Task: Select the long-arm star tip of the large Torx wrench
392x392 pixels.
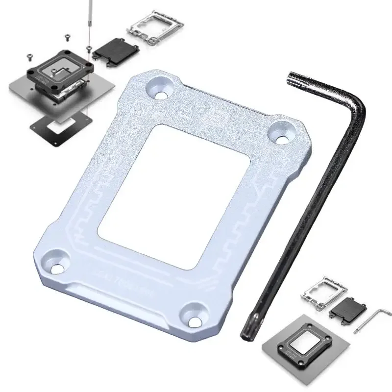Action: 246,333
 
